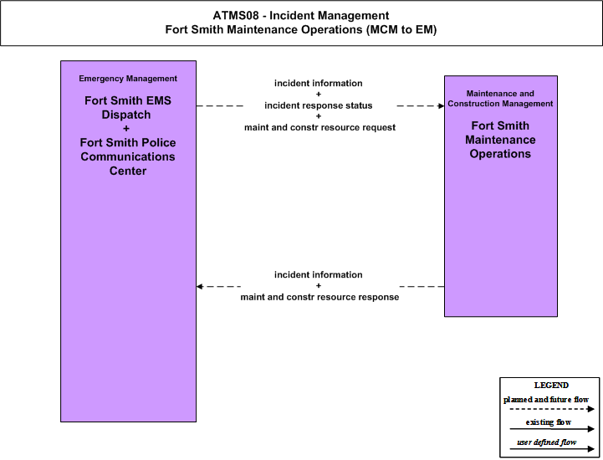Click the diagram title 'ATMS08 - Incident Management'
coord(301,15)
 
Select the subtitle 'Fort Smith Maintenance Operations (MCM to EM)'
coord(301,29)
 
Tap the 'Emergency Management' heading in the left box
coord(128,79)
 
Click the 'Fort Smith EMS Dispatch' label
coord(128,107)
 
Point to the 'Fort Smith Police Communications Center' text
coord(128,156)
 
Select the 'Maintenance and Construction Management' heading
coord(500,99)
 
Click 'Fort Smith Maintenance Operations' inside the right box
coord(500,140)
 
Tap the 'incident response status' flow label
coord(319,105)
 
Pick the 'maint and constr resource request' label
coord(320,127)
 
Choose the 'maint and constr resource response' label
coord(320,297)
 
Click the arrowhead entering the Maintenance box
coord(442,105)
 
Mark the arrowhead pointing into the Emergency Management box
coord(200,287)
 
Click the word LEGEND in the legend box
coord(551,385)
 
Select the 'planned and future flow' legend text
coord(546,400)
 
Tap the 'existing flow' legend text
coord(549,422)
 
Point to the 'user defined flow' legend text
coord(546,442)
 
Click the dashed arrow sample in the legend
coord(552,409)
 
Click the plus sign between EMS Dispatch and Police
coord(126,129)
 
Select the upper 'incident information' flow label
coord(319,83)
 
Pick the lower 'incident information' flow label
coord(319,274)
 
